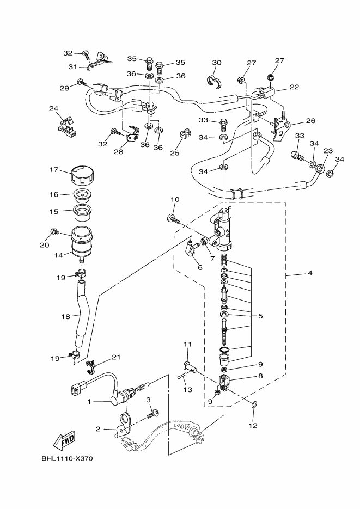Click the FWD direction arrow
65,440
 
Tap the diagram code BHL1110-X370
67,459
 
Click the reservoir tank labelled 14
82,242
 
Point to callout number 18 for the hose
65,316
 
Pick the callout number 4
310,273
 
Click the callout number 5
260,316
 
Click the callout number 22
294,87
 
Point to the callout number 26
310,121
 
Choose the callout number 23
328,151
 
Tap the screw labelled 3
152,414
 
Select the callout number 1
89,402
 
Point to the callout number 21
116,358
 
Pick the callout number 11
188,344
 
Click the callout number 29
64,88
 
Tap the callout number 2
98,429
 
